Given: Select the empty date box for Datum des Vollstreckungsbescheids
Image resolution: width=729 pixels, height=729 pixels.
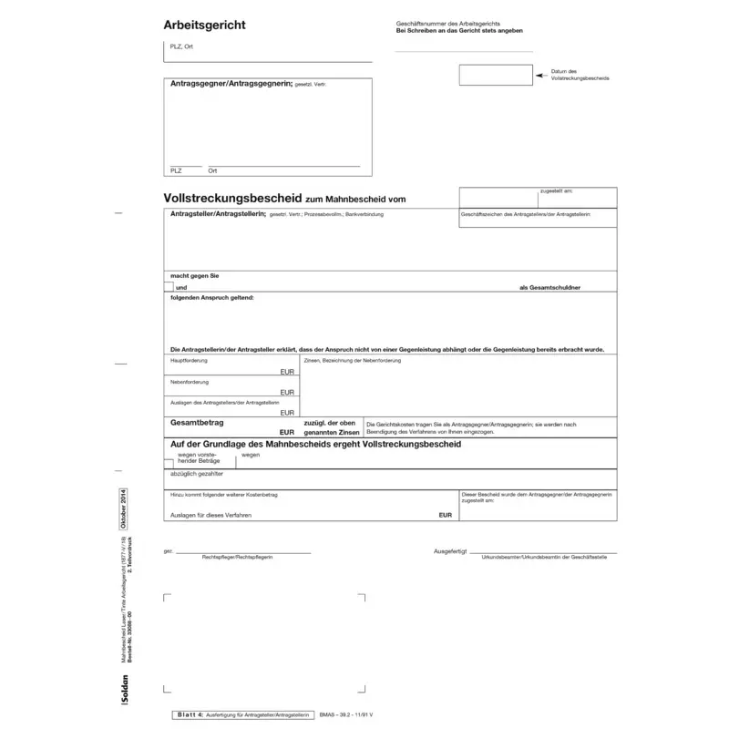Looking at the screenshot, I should click(496, 75).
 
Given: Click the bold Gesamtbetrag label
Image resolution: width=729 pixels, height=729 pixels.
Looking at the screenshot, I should click(198, 423).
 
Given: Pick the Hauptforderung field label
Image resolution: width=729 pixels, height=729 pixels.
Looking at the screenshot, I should click(189, 361).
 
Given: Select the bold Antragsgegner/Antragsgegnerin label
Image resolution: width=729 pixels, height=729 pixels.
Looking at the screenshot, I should click(231, 84).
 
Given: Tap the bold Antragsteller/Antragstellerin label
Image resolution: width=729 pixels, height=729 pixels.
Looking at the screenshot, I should click(218, 213).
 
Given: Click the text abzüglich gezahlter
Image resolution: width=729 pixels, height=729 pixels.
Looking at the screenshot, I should click(196, 475).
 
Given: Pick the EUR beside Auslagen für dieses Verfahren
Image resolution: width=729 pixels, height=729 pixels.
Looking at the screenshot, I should click(445, 515).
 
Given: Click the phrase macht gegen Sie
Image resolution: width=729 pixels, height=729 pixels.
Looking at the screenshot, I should click(194, 275).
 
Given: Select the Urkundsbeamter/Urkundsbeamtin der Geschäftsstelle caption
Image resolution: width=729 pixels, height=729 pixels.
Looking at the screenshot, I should click(543, 557).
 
